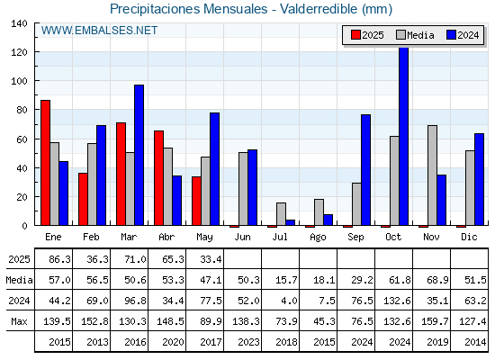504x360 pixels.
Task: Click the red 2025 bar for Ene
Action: pyautogui.click(x=45, y=163)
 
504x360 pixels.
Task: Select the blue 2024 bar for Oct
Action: pyautogui.click(x=404, y=136)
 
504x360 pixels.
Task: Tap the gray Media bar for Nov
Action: pyautogui.click(x=432, y=175)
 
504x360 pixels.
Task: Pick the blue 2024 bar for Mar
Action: pyautogui.click(x=139, y=155)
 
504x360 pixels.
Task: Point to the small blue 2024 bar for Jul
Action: pyautogui.click(x=290, y=222)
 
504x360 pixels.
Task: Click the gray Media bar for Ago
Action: pyautogui.click(x=319, y=212)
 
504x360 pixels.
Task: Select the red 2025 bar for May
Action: pyautogui.click(x=196, y=201)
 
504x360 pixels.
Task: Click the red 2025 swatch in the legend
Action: pyautogui.click(x=355, y=35)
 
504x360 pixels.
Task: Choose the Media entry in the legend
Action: pyautogui.click(x=415, y=35)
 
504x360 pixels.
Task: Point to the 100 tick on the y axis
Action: pyautogui.click(x=35, y=80)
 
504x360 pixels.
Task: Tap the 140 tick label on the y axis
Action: pyautogui.click(x=19, y=23)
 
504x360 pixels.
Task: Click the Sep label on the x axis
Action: pyautogui.click(x=355, y=238)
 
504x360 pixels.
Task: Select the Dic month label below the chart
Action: pyautogui.click(x=469, y=237)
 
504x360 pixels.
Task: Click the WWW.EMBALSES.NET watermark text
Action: pyautogui.click(x=99, y=31)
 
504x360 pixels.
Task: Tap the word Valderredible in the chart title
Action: pyautogui.click(x=319, y=9)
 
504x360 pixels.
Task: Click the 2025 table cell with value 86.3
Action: pyautogui.click(x=54, y=259)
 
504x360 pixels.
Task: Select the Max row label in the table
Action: pyautogui.click(x=19, y=321)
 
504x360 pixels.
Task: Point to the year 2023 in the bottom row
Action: pyautogui.click(x=248, y=342)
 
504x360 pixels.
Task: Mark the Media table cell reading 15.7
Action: pyautogui.click(x=281, y=280)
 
